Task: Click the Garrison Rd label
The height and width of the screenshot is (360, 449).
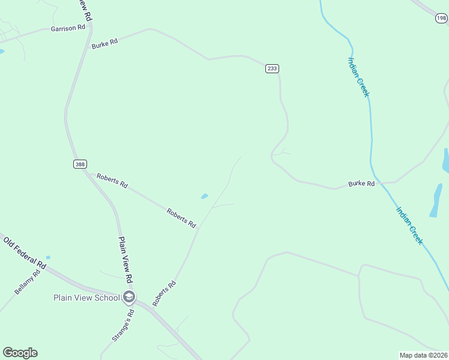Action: point(68,28)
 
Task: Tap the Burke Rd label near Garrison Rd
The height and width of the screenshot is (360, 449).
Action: point(104,44)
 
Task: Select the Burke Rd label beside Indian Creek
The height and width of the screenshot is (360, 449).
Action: point(361,184)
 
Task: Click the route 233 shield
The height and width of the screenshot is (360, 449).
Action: point(272,68)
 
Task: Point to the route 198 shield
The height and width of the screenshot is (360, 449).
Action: point(441,19)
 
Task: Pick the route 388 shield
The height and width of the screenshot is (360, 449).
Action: point(80,164)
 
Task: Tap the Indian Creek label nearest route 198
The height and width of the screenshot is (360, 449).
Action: point(359,77)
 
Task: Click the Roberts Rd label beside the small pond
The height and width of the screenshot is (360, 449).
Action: point(181,217)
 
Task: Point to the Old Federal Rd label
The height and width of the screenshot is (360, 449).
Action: point(25,252)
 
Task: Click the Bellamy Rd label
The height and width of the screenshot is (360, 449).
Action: point(28,282)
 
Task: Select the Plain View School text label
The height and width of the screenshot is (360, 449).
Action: point(86,298)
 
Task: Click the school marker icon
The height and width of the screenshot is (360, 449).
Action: point(129,297)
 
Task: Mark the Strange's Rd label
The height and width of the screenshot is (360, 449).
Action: point(122,326)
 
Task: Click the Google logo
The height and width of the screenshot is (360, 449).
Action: point(20,353)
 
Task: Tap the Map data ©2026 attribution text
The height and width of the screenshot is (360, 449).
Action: point(423,355)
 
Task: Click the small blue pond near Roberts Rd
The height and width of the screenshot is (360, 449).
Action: point(204,196)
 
